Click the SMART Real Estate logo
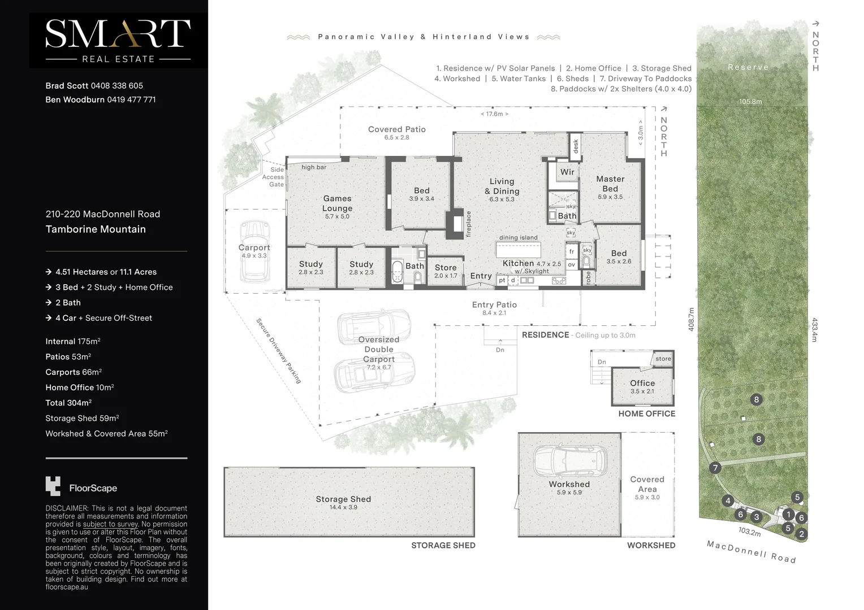coord(118,41)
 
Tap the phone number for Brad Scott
coord(116,86)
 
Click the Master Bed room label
coord(610,184)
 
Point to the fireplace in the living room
coord(455,224)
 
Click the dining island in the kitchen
coord(518,249)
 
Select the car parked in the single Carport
coord(254,251)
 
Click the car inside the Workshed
coord(569,461)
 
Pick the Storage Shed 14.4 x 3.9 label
coord(343,502)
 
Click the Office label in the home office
coord(642,383)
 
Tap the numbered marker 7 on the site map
coord(715,468)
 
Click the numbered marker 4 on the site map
coord(728,500)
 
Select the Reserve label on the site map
coord(748,67)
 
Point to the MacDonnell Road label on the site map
coord(751,551)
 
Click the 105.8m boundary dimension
coord(750,102)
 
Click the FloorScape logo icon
coord(53,486)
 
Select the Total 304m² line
coord(68,403)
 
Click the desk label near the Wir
coord(576,146)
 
